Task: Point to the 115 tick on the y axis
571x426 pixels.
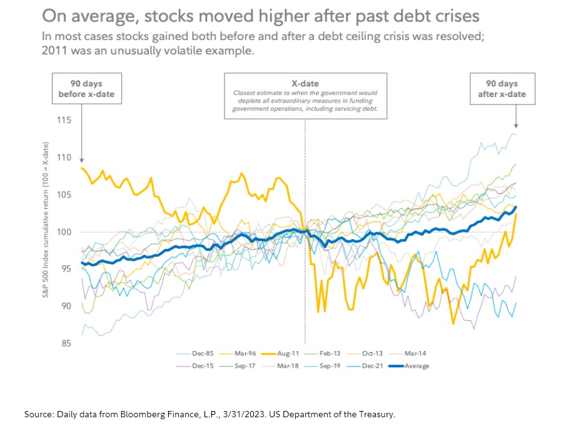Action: [x=63, y=120]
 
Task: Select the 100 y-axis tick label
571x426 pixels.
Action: [x=63, y=232]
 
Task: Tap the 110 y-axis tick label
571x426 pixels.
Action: [x=63, y=158]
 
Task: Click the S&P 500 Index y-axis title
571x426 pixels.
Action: [x=46, y=219]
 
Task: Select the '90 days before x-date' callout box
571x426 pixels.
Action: [x=87, y=88]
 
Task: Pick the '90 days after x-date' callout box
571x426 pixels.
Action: [x=502, y=88]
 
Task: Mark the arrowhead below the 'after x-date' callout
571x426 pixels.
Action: [x=517, y=125]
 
